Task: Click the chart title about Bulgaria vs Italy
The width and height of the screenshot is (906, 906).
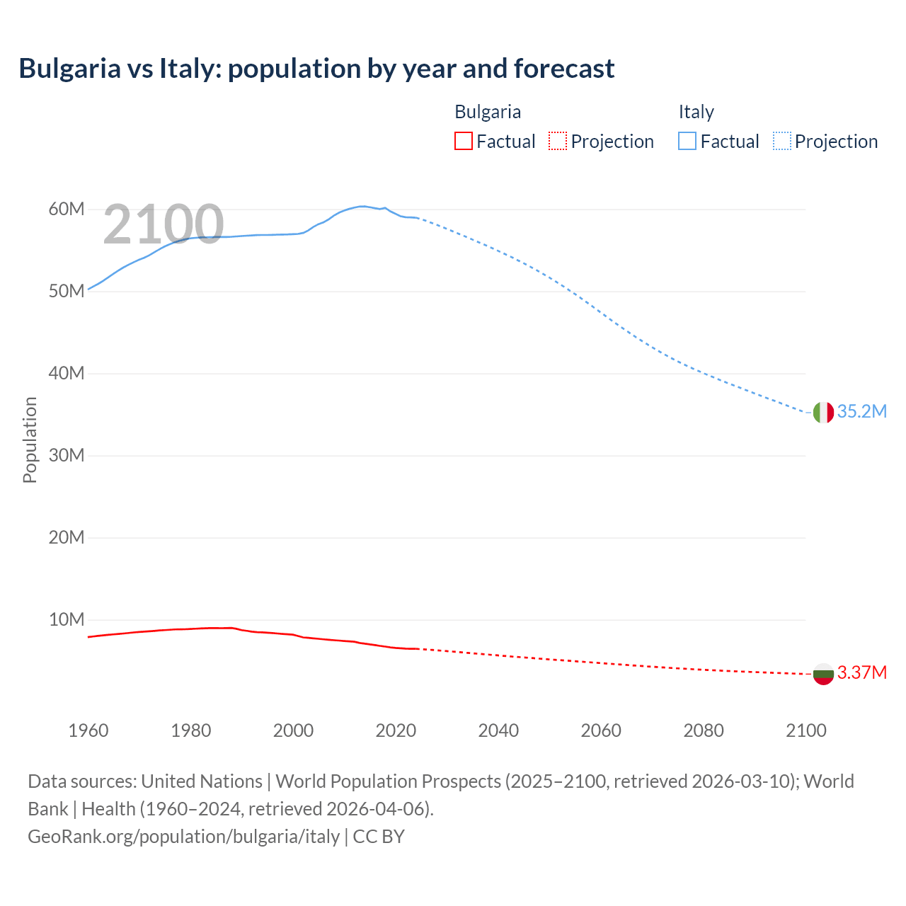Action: [x=316, y=69]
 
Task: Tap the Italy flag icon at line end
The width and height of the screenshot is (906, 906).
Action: [x=823, y=412]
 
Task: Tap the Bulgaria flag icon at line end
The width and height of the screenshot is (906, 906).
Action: [x=823, y=674]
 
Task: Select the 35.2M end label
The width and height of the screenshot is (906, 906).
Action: [x=861, y=412]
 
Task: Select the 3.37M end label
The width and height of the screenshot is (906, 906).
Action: [x=861, y=673]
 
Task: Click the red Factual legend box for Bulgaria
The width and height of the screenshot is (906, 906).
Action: [x=463, y=141]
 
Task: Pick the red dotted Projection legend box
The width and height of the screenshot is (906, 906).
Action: [x=558, y=141]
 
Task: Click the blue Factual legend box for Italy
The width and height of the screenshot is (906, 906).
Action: [x=687, y=141]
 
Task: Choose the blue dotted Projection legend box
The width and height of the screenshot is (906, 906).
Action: [x=782, y=141]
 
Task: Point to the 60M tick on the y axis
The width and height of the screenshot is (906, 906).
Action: [x=67, y=210]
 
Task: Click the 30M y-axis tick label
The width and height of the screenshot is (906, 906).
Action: [x=67, y=456]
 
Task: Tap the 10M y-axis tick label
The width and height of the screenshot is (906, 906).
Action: [x=67, y=620]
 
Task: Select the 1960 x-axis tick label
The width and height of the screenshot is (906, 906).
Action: [x=88, y=730]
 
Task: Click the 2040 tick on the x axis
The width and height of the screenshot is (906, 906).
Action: [x=498, y=730]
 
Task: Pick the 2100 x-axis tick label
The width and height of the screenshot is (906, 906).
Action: [x=805, y=730]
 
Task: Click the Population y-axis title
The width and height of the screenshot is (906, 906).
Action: [x=30, y=440]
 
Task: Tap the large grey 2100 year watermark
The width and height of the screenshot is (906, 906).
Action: [x=164, y=225]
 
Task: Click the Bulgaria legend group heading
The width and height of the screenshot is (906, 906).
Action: [x=488, y=112]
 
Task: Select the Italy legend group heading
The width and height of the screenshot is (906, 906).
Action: [x=696, y=112]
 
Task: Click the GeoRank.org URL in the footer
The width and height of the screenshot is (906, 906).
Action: [x=184, y=837]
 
